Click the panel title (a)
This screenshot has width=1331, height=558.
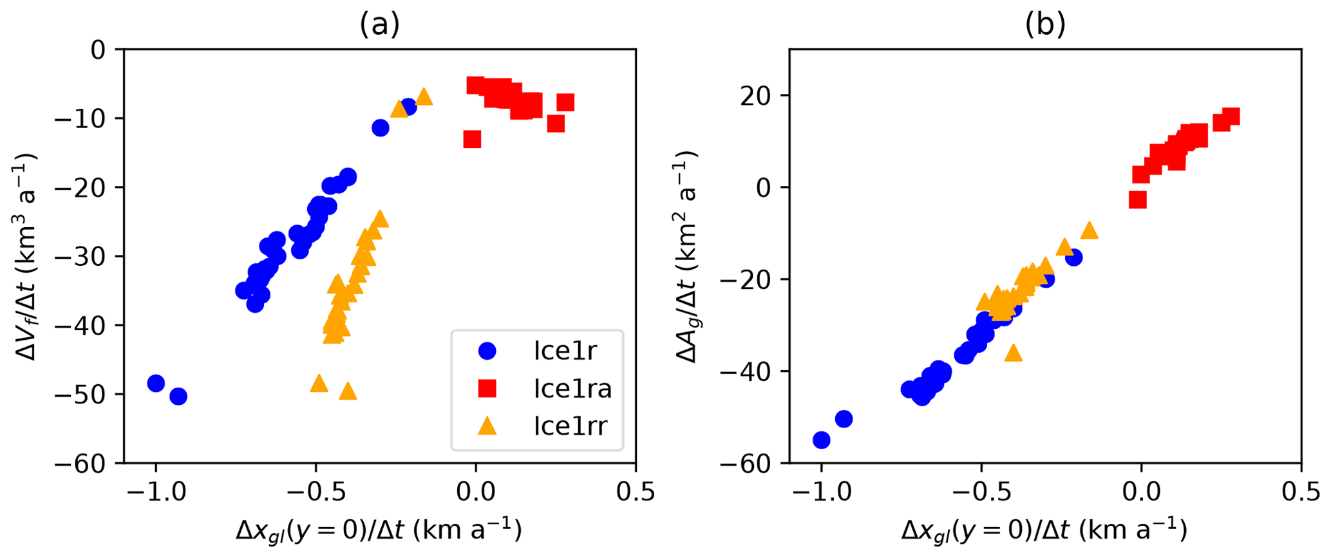click(379, 24)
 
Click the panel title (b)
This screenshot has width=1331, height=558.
click(1045, 24)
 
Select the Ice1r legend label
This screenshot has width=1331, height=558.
click(565, 351)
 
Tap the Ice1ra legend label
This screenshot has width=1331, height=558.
click(572, 389)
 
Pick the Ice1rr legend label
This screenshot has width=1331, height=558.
click(570, 426)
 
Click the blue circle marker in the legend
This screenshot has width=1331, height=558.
click(487, 351)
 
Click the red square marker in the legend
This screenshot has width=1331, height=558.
click(487, 389)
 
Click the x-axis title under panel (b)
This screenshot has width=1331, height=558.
click(1044, 530)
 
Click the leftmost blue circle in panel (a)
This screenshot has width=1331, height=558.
click(156, 383)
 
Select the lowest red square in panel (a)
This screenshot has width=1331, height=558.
click(472, 138)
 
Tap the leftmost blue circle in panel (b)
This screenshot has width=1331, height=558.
click(821, 440)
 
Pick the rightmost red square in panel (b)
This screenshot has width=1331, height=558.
click(1231, 116)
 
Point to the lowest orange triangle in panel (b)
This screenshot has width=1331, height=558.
click(1014, 353)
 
